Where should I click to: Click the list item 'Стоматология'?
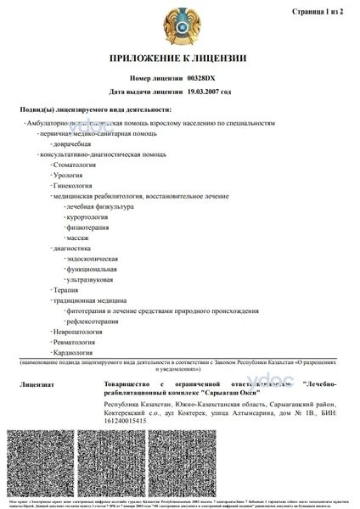(74, 165)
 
